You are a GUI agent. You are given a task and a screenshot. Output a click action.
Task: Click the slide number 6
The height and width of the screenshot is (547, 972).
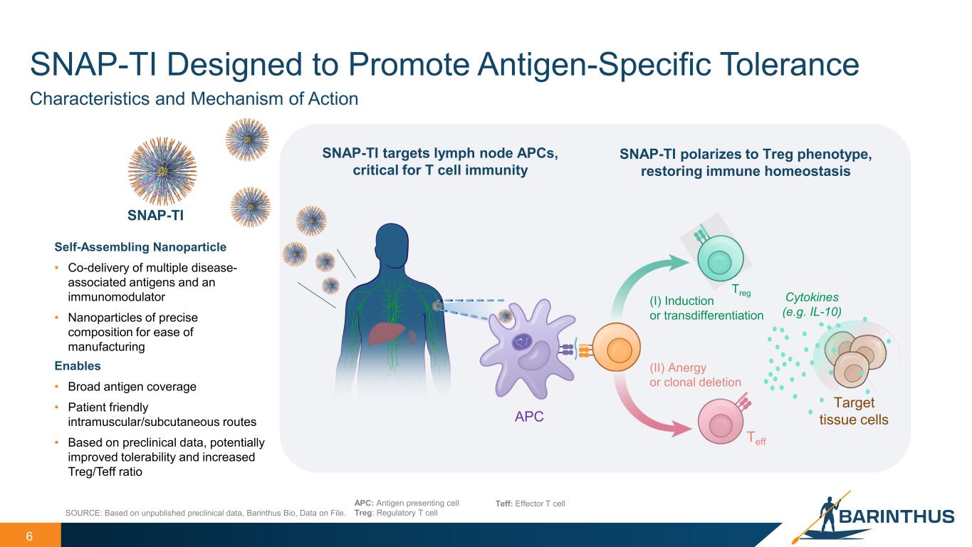tap(29, 536)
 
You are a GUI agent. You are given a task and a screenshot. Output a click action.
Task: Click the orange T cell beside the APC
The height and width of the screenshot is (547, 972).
tap(615, 350)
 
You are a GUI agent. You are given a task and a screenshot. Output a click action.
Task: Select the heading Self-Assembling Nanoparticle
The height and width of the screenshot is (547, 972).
tap(140, 247)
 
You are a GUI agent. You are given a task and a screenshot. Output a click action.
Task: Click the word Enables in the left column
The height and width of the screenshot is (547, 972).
tap(78, 365)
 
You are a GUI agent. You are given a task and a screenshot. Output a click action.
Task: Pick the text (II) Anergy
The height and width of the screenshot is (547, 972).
tap(677, 368)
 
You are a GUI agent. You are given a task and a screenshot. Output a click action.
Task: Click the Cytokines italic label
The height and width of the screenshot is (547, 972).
tap(812, 297)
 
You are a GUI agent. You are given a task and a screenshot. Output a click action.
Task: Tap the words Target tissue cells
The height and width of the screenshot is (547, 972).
tap(854, 412)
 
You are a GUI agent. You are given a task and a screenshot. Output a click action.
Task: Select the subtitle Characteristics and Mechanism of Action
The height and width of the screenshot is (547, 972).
tap(194, 99)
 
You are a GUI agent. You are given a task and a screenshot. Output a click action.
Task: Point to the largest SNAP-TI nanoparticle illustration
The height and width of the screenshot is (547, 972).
tap(162, 171)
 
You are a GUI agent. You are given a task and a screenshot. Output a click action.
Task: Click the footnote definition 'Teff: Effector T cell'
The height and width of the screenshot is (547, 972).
tap(530, 504)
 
